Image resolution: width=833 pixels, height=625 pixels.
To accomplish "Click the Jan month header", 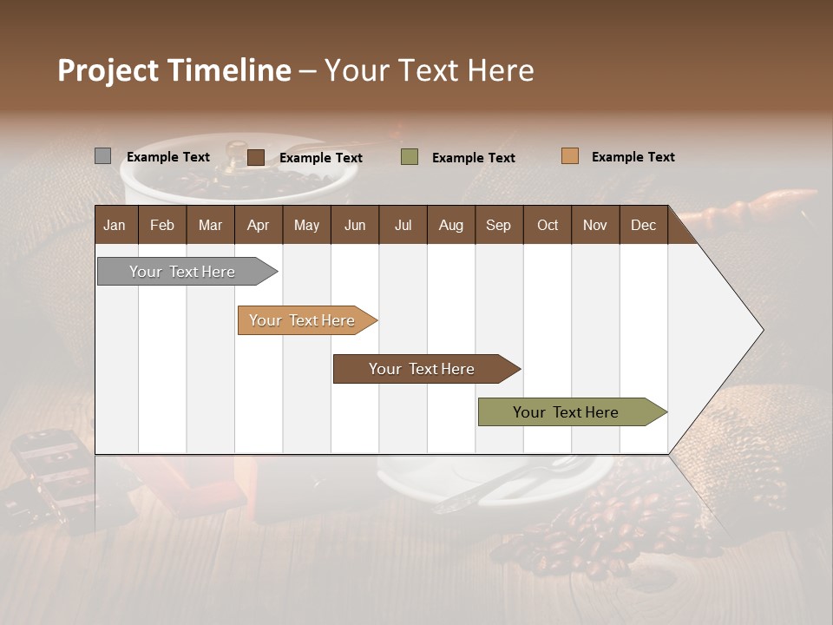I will tap(115, 225).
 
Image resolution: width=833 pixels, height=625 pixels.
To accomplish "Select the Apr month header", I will tap(259, 225).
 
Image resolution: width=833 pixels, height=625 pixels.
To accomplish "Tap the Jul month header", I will tap(403, 225).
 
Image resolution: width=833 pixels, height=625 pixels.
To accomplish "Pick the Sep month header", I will tap(498, 225).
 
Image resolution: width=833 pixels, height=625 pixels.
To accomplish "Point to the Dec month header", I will tap(643, 225).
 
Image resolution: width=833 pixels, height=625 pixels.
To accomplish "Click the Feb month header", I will tap(162, 225).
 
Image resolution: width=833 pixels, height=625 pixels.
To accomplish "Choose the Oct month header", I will tap(548, 225).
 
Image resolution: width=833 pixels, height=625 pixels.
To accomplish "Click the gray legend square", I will tap(102, 156).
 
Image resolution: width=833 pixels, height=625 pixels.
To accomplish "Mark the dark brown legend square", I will tap(256, 157).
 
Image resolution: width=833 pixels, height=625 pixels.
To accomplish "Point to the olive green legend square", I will tap(410, 157).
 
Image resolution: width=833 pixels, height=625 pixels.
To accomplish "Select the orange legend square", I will tap(570, 156).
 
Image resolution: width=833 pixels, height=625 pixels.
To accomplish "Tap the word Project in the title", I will tap(108, 70).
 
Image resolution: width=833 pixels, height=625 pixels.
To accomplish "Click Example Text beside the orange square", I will tap(633, 157).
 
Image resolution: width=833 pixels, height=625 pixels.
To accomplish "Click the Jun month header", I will tap(355, 225).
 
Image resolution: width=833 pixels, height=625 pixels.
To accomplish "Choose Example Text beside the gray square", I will tap(167, 157).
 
